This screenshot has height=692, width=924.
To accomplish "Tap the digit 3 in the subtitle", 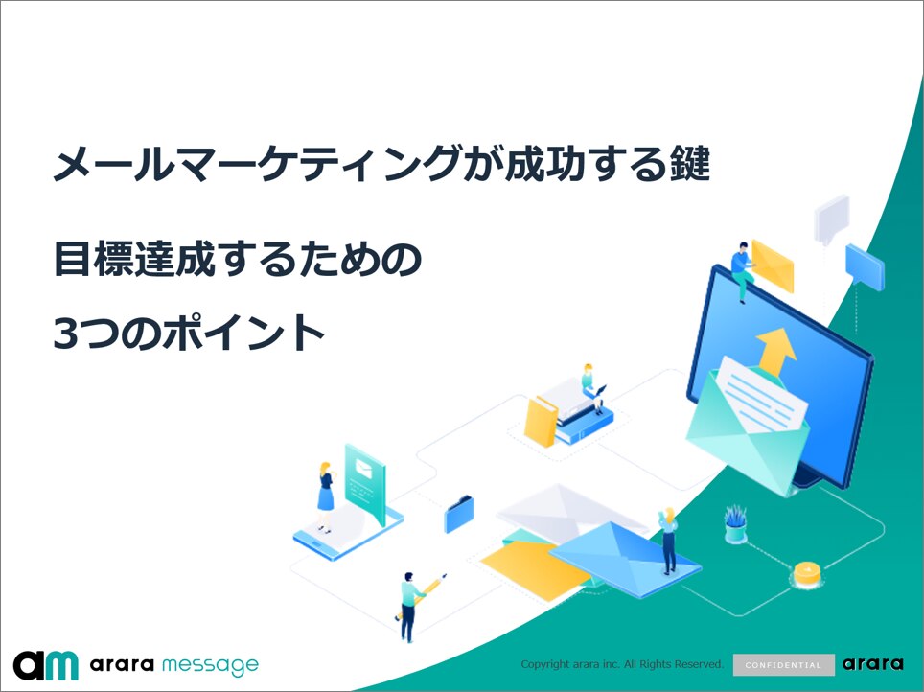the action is [65, 333].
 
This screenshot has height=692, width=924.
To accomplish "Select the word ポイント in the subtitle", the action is [243, 333].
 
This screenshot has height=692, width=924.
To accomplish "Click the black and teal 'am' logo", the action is [46, 665].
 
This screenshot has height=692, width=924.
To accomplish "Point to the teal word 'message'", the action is [210, 665].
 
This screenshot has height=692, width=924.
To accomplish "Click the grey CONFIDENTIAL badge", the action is [784, 665].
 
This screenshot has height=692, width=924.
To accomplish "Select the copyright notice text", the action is [622, 664].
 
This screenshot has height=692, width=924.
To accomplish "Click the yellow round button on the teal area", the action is [807, 574].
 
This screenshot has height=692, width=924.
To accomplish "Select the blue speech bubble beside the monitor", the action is [865, 267].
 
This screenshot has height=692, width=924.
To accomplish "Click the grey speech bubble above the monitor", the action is [831, 219].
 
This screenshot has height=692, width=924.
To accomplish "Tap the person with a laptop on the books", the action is [592, 388].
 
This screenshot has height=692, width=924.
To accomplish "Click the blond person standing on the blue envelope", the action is [668, 540].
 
